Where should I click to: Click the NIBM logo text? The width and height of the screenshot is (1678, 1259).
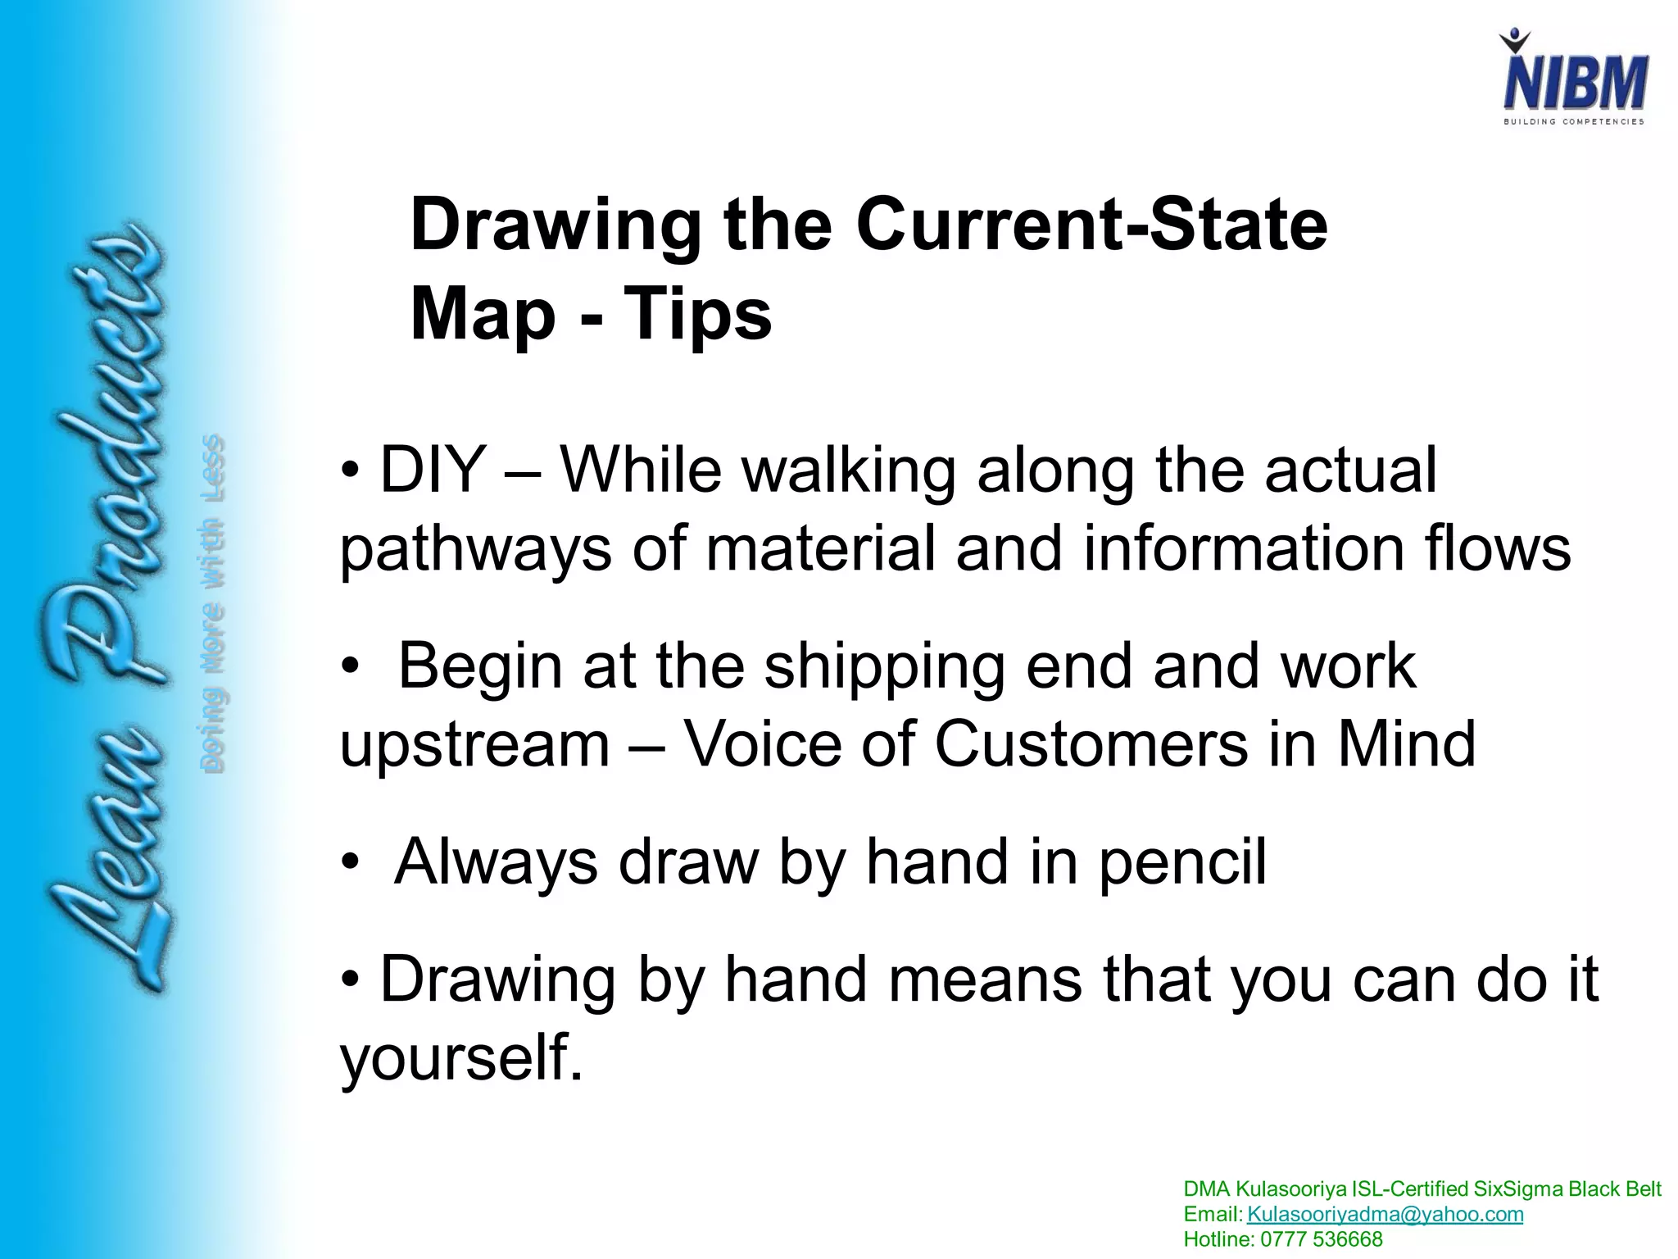click(1575, 82)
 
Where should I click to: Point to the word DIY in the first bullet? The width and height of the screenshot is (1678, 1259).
click(433, 470)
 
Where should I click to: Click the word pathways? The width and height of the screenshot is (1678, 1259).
click(475, 549)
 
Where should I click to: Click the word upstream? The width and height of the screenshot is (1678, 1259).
click(475, 745)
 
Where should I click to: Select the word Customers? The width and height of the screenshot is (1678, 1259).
click(1091, 743)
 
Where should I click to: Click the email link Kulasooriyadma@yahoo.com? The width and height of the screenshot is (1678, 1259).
click(1385, 1215)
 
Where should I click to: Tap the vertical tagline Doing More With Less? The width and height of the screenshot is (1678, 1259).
click(211, 603)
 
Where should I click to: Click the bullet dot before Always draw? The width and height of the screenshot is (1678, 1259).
click(351, 864)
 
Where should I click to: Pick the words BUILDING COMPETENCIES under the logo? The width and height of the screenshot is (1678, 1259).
click(1573, 122)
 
